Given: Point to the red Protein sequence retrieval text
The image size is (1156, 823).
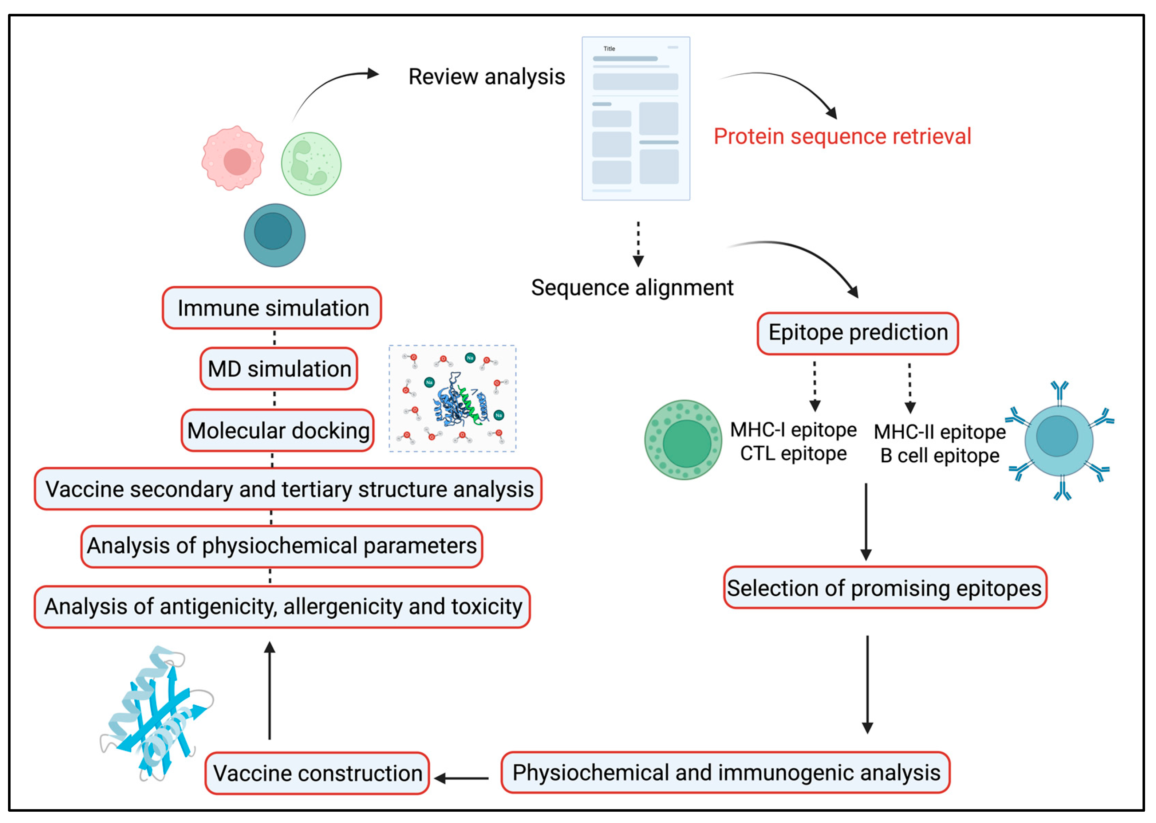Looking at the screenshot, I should [x=842, y=136].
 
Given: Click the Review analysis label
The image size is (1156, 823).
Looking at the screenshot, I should [x=486, y=77].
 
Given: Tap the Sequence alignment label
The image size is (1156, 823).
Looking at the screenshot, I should [x=632, y=288].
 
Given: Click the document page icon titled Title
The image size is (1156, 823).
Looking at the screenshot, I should [x=635, y=118].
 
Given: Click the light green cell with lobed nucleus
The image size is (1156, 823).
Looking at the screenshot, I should [x=311, y=164].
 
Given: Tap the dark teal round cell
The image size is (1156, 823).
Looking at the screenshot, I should [x=275, y=235].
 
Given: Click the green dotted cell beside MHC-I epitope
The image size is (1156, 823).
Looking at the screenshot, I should [x=683, y=440].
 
